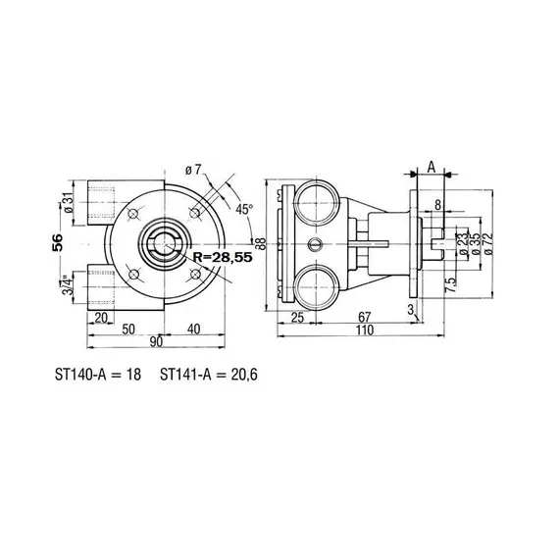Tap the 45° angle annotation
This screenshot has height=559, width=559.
244,208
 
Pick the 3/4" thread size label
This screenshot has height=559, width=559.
68,285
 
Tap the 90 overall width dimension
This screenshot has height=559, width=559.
157,340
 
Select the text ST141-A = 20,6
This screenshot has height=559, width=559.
201,374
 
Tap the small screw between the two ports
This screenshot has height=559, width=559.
314,243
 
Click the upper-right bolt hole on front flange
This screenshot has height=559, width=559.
197,215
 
